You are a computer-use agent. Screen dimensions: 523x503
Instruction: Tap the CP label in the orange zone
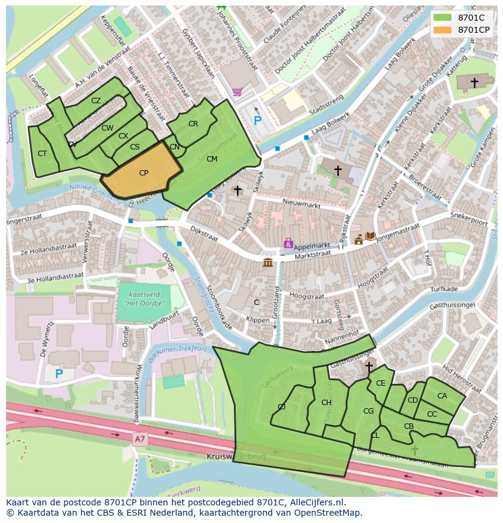(x=143, y=173)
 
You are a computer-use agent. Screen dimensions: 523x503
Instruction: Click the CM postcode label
(x=211, y=159)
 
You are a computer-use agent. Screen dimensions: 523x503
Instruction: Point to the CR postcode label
(x=193, y=124)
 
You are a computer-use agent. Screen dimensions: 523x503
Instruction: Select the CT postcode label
(x=42, y=154)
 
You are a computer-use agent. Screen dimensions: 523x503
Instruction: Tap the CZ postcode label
(x=96, y=101)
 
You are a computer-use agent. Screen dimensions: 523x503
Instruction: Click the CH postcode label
(x=326, y=403)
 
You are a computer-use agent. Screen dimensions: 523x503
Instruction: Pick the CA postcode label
(x=442, y=396)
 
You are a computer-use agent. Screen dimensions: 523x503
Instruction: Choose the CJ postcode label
(x=281, y=407)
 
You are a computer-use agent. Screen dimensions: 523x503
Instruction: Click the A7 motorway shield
(x=140, y=437)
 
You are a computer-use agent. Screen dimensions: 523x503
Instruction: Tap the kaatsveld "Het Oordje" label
(x=143, y=298)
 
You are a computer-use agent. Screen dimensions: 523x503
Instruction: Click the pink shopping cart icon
(x=237, y=92)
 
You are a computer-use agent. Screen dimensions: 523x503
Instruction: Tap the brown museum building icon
(x=267, y=262)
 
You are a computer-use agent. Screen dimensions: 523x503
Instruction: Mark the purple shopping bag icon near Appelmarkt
(x=289, y=243)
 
